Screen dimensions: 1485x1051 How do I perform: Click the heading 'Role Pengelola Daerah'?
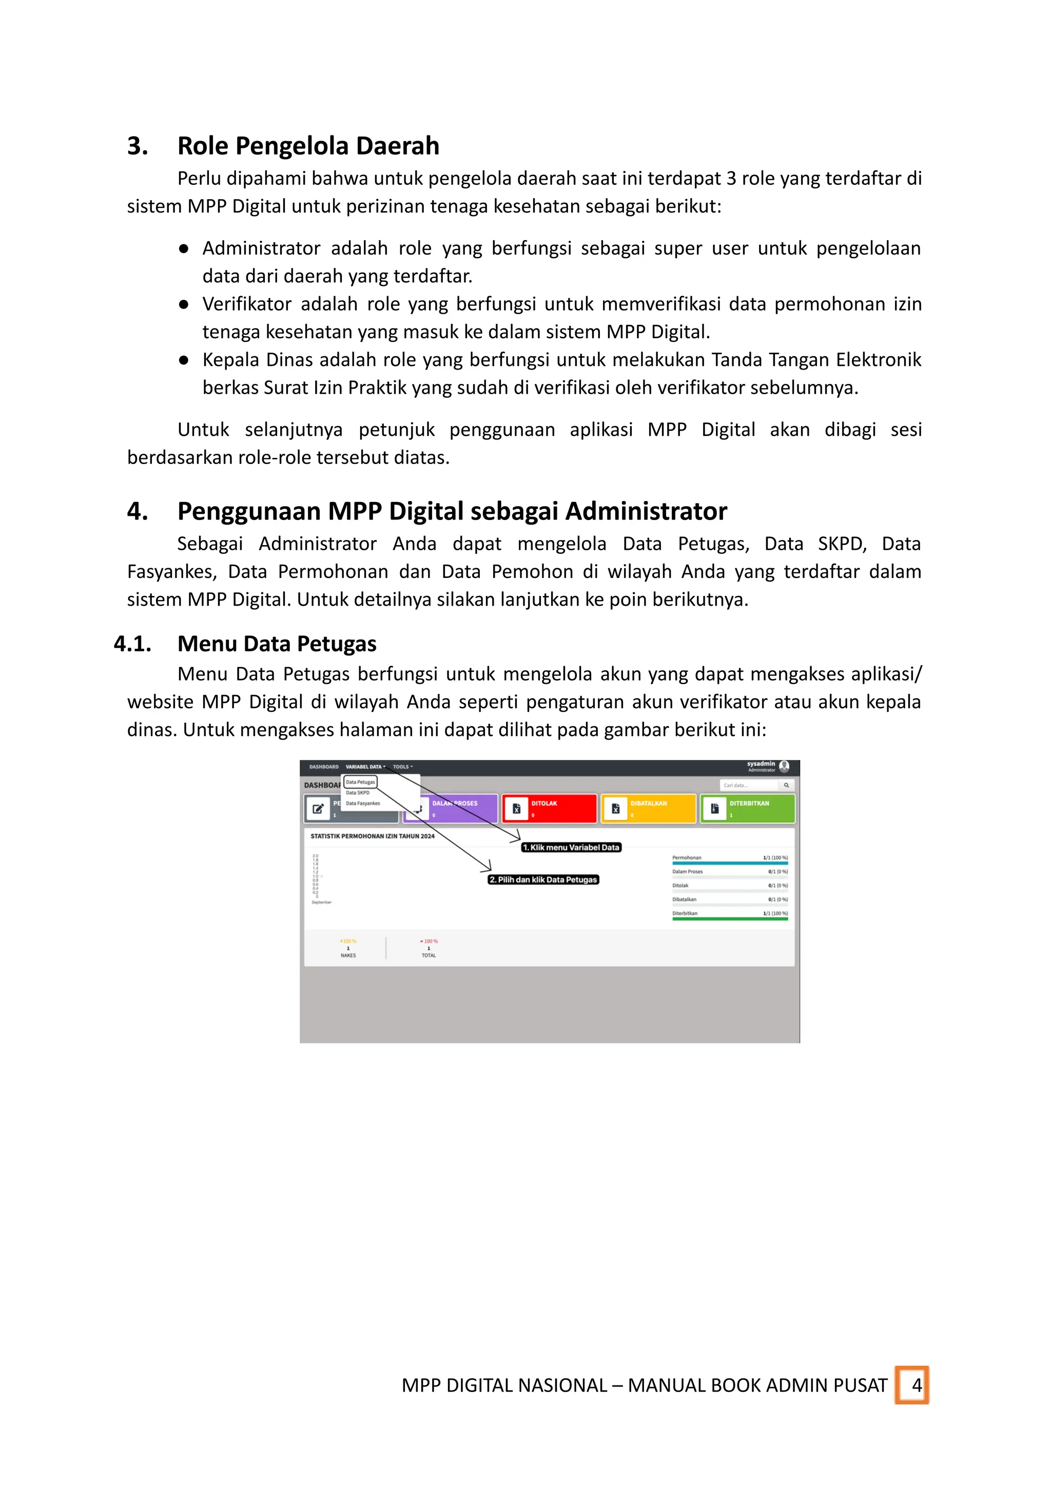[x=308, y=146]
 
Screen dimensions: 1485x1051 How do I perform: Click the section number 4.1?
[x=133, y=644]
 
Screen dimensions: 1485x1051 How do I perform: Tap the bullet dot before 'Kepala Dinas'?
[x=184, y=360]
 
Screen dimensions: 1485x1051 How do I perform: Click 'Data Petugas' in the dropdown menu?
[x=360, y=782]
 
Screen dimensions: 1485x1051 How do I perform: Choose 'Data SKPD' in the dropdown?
[x=357, y=793]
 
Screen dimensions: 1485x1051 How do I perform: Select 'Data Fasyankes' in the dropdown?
[x=362, y=803]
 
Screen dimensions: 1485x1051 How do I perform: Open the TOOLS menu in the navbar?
[x=402, y=767]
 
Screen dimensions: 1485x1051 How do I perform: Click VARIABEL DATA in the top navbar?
[x=364, y=767]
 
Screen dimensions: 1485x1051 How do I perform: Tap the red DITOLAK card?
[x=549, y=808]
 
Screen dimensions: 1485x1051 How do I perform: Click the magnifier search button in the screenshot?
[x=786, y=785]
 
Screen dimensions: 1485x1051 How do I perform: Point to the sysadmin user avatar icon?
[x=784, y=766]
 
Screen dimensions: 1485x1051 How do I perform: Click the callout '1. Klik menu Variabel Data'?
[x=571, y=847]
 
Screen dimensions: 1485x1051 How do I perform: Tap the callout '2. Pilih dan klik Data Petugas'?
[x=543, y=880]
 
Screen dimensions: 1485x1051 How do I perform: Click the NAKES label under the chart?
[x=348, y=955]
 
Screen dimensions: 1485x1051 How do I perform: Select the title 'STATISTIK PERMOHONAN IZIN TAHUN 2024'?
[x=372, y=836]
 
